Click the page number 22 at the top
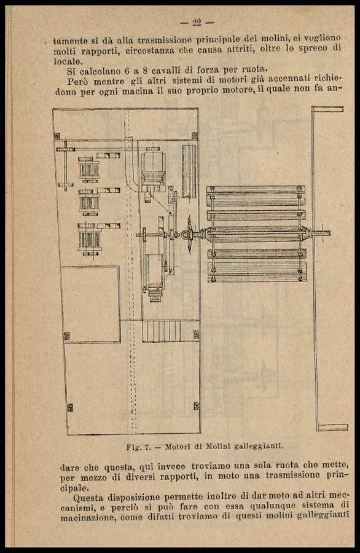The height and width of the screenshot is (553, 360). click(197, 23)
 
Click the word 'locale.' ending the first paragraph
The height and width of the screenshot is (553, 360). click(68, 61)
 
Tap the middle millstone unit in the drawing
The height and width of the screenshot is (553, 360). click(89, 202)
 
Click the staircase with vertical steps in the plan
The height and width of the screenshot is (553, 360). click(162, 331)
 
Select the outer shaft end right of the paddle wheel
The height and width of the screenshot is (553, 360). click(321, 233)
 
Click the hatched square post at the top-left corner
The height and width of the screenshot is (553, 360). click(57, 136)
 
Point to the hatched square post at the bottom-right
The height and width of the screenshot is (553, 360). click(197, 406)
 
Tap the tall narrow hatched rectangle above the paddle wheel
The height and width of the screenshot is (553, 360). click(189, 171)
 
